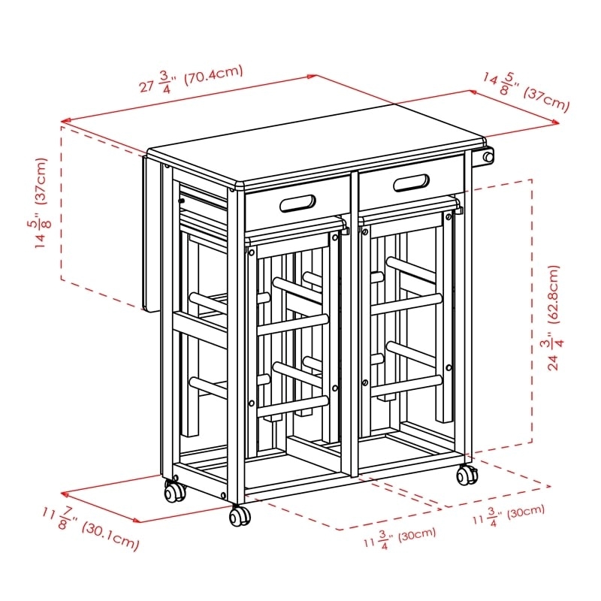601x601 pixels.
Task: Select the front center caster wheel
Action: coord(240,516)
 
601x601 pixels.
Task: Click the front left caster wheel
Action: coord(175,493)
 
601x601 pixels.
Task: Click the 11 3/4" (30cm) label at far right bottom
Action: coord(508,515)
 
